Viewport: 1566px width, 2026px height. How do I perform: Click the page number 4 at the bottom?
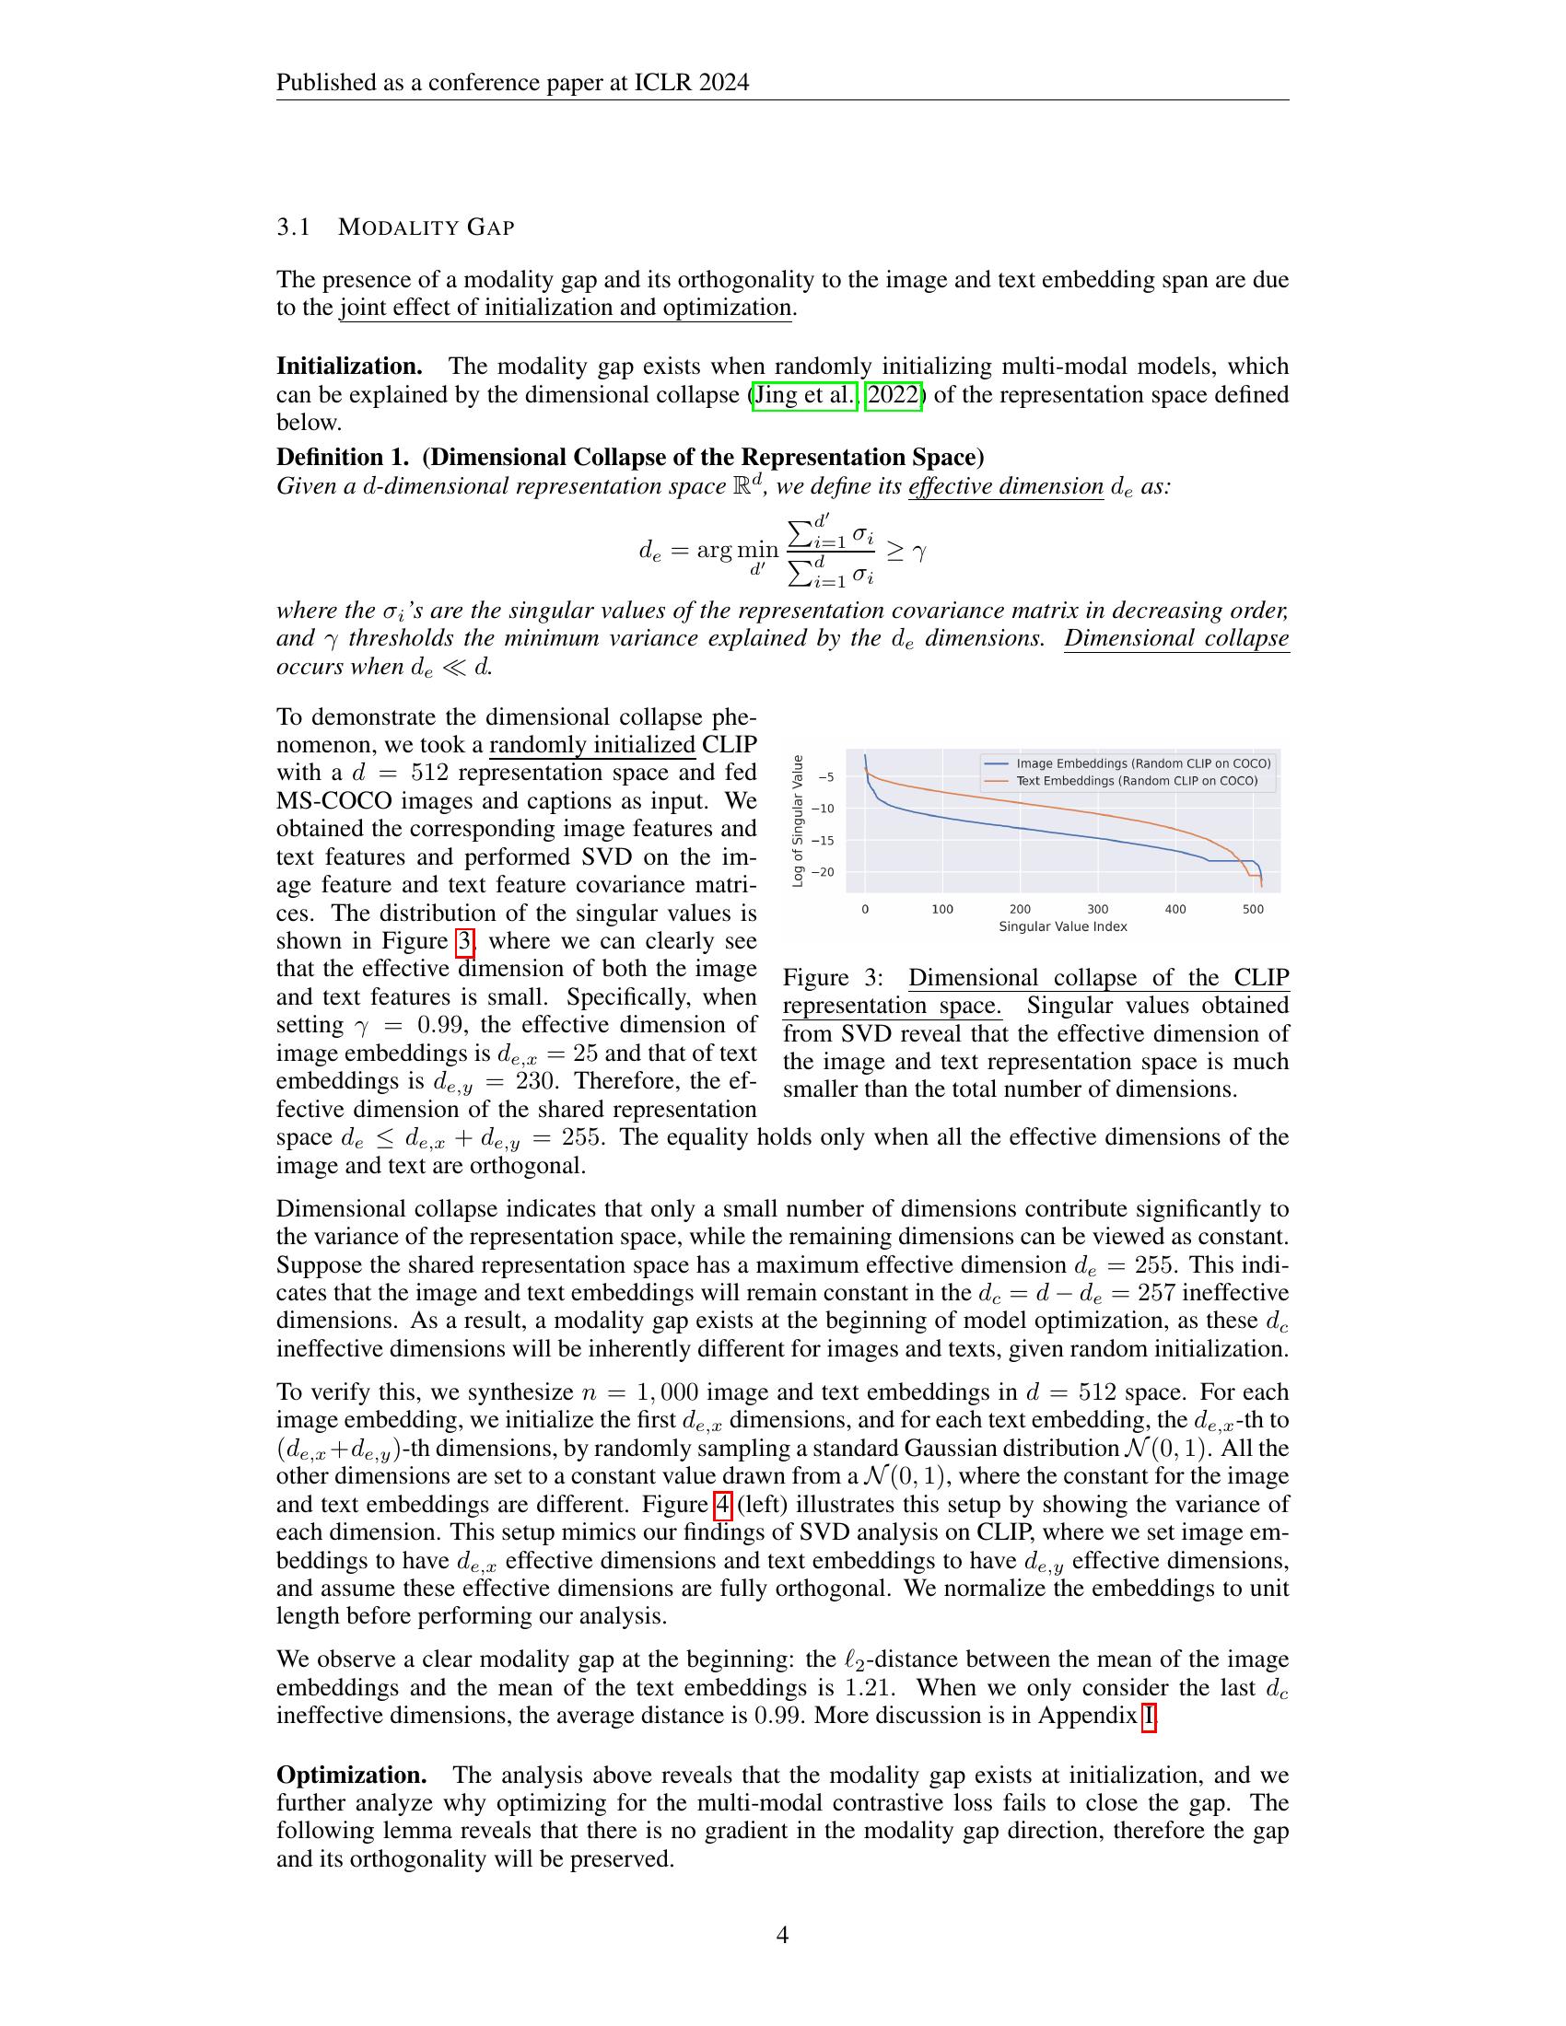(782, 1934)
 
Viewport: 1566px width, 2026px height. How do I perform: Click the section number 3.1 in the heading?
(293, 227)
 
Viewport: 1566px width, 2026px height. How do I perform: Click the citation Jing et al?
(805, 395)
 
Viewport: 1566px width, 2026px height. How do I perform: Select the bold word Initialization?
(350, 367)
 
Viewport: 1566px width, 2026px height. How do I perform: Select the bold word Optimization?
(352, 1776)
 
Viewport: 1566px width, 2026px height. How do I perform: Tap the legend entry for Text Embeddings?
(1137, 781)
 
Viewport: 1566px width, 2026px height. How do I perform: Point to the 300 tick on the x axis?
(1097, 909)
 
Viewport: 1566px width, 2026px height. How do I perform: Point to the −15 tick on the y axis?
(822, 841)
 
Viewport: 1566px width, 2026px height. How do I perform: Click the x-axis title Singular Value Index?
(1063, 926)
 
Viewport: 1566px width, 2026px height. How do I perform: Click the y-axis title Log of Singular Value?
(797, 821)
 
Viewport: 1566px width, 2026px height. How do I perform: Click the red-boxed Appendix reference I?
(1149, 1716)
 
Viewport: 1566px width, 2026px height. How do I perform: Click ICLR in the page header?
(661, 83)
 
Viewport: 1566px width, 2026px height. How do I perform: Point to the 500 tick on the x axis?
(1253, 909)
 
